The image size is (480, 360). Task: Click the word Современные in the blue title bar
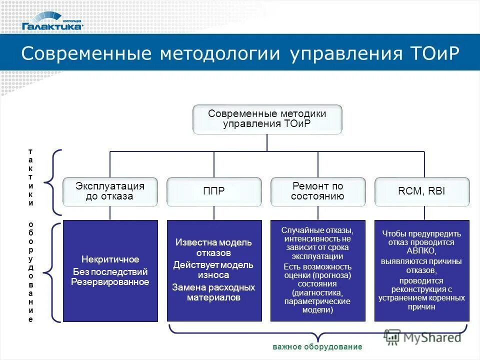(87, 53)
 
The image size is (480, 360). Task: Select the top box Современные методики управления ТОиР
(267, 119)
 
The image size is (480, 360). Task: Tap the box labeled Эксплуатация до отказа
(109, 191)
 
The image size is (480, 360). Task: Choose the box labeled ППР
(214, 191)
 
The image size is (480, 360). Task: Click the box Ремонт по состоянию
(318, 191)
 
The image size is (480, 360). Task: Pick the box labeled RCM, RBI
(422, 191)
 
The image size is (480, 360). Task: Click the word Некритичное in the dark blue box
(110, 259)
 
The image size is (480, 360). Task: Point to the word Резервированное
(110, 282)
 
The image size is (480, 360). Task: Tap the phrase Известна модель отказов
(213, 247)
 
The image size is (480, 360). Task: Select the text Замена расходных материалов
(213, 292)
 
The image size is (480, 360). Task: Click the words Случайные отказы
(317, 230)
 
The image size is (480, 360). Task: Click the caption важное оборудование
(317, 346)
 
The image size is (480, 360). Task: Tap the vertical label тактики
(31, 177)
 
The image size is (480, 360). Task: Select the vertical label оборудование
(31, 271)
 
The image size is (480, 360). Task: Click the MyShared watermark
(423, 337)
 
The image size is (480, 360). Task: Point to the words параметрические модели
(317, 305)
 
